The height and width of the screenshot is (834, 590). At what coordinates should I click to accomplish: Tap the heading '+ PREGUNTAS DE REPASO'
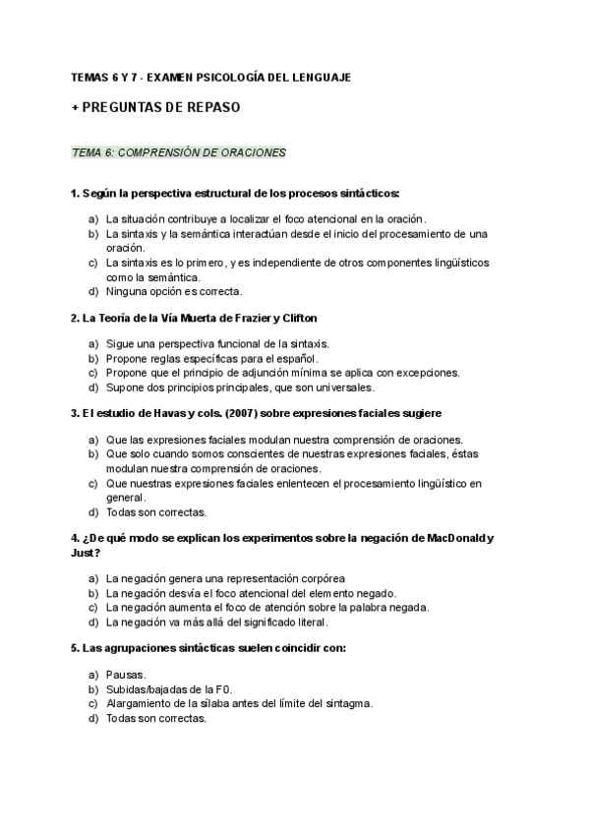(x=155, y=106)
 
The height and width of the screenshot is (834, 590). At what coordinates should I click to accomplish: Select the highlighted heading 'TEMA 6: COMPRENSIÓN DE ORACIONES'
(x=179, y=152)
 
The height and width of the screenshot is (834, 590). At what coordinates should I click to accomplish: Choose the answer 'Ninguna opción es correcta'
(x=173, y=291)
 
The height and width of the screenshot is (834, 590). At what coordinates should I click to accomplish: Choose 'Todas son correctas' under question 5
(x=156, y=718)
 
